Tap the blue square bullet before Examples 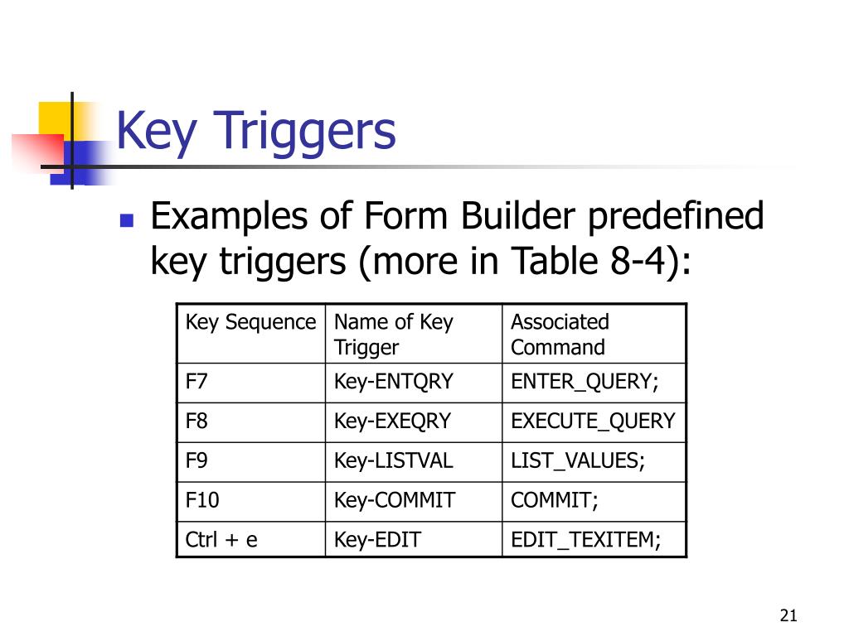coord(127,220)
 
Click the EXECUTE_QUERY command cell coord(593,422)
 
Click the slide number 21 coord(788,615)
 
